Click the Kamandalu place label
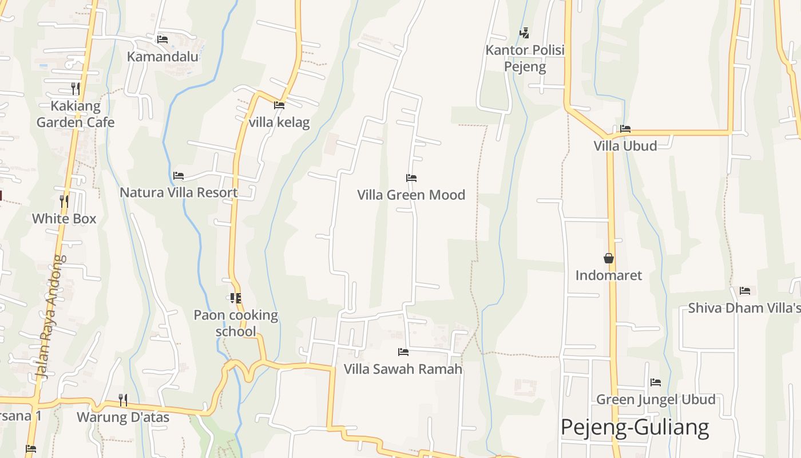[162, 56]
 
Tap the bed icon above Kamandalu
[162, 39]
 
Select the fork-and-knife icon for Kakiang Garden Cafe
[75, 88]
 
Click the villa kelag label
[279, 122]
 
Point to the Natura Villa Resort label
[179, 192]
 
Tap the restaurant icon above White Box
[64, 201]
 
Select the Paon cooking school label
[236, 323]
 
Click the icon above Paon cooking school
[235, 298]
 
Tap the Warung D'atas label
[123, 417]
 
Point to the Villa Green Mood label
[411, 195]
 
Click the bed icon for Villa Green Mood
[411, 177]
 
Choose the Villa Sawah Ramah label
[403, 369]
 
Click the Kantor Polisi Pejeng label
[525, 58]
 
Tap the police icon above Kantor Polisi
[524, 33]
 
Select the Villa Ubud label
[625, 145]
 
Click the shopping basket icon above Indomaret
[609, 258]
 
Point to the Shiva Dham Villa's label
[744, 307]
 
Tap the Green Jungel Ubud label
[656, 399]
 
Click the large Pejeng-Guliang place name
[635, 427]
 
